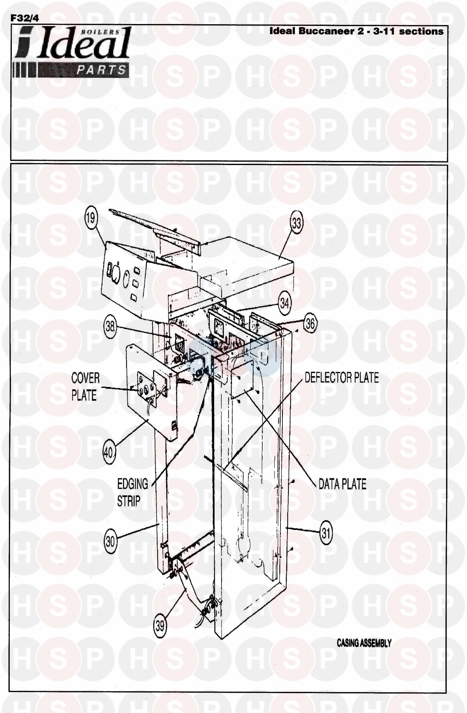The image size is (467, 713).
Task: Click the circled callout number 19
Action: (x=91, y=218)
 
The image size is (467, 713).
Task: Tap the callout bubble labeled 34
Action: (x=285, y=303)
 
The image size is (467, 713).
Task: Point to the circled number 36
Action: (x=310, y=323)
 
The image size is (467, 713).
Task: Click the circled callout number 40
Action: (x=109, y=452)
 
